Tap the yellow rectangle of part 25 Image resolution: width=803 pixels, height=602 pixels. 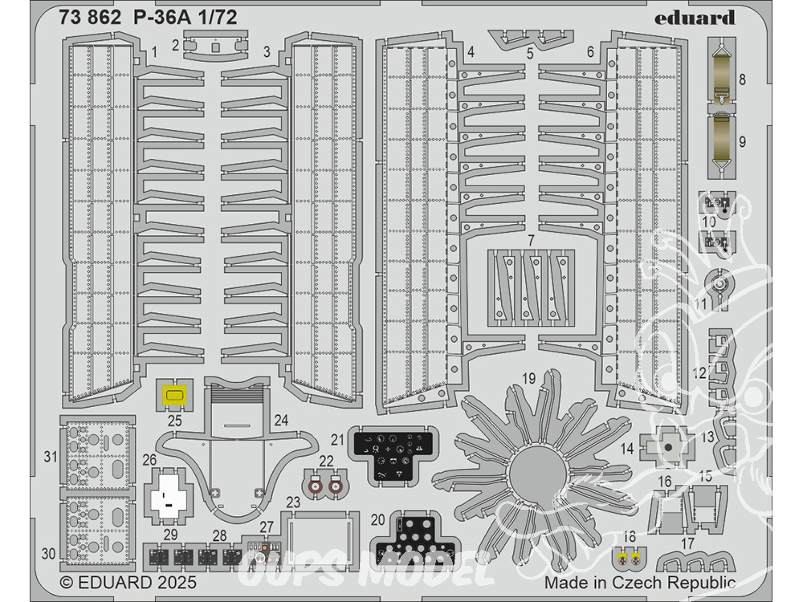pos(174,395)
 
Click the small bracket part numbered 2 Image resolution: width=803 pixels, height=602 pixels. pos(214,46)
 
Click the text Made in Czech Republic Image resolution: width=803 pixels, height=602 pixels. pos(639,583)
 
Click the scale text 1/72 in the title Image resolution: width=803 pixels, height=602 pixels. pos(212,18)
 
